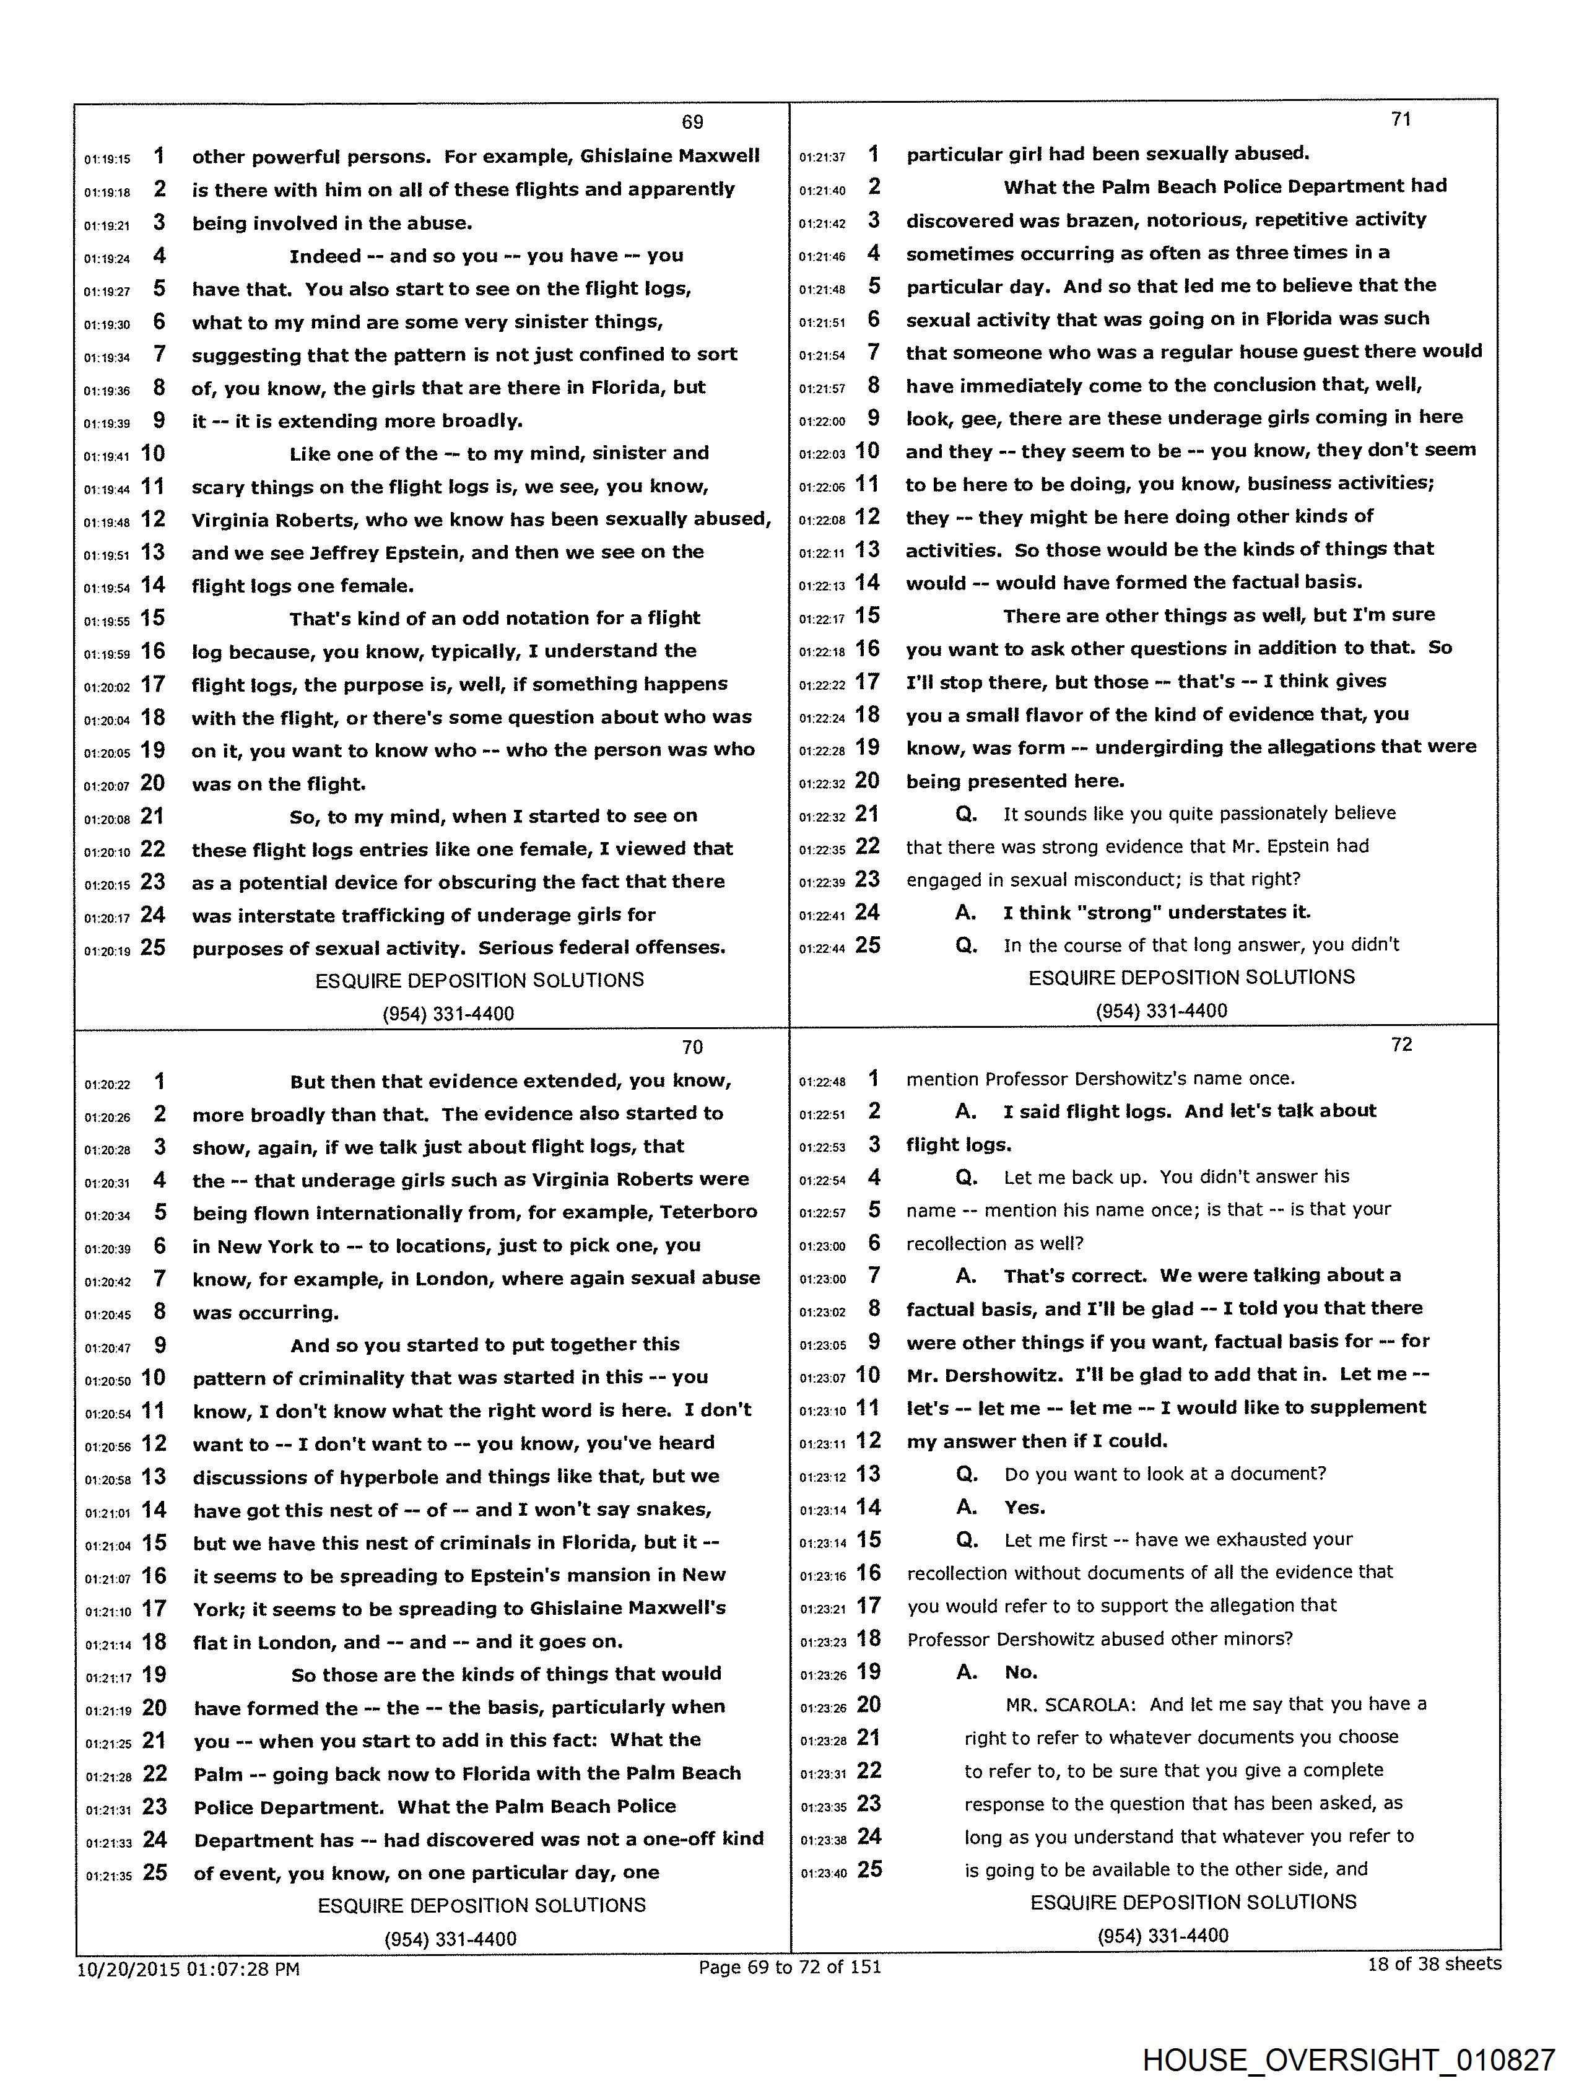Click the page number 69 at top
pos(692,121)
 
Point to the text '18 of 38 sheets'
pos(1433,1963)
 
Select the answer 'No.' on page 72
pos(1020,1672)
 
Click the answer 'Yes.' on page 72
pos(1024,1507)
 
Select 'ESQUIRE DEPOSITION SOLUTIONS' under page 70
pos(481,1905)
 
